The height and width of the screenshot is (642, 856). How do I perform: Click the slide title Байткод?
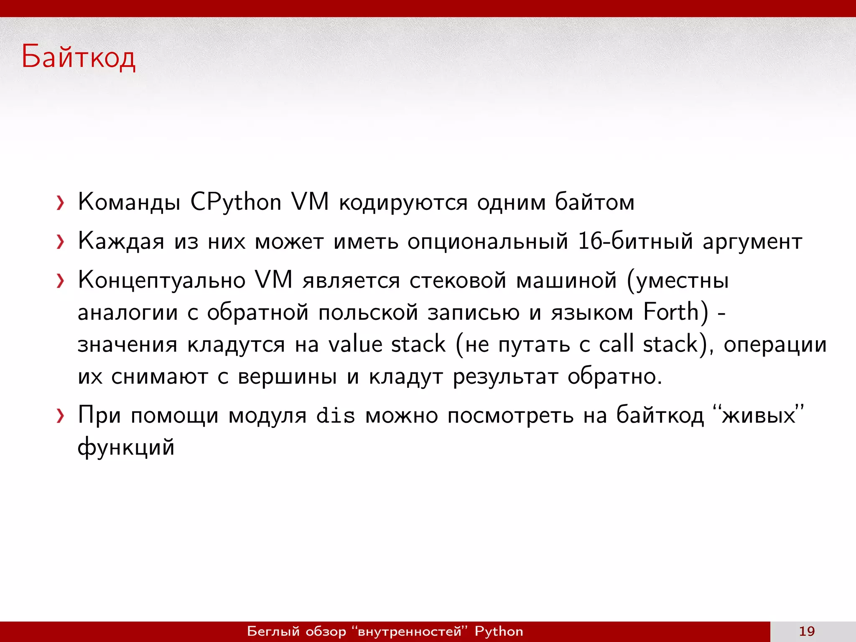pyautogui.click(x=78, y=57)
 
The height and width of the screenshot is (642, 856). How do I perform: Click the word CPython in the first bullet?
pyautogui.click(x=236, y=202)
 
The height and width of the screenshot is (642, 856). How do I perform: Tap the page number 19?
pyautogui.click(x=807, y=631)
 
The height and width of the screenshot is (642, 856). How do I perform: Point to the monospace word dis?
pyautogui.click(x=336, y=416)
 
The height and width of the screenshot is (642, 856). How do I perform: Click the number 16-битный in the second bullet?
pyautogui.click(x=635, y=242)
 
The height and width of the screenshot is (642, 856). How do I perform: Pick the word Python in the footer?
pyautogui.click(x=499, y=631)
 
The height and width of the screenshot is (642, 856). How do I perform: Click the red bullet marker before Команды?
pyautogui.click(x=61, y=203)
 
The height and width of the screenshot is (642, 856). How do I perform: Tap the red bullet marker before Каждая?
pyautogui.click(x=61, y=242)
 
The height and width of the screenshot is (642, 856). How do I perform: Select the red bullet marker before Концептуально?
pyautogui.click(x=61, y=281)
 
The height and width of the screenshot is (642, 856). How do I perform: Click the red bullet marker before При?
pyautogui.click(x=61, y=416)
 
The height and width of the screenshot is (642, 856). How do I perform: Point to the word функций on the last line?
pyautogui.click(x=126, y=447)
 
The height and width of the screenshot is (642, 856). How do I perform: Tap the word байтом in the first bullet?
pyautogui.click(x=594, y=202)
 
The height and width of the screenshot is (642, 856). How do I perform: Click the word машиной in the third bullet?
pyautogui.click(x=566, y=280)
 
